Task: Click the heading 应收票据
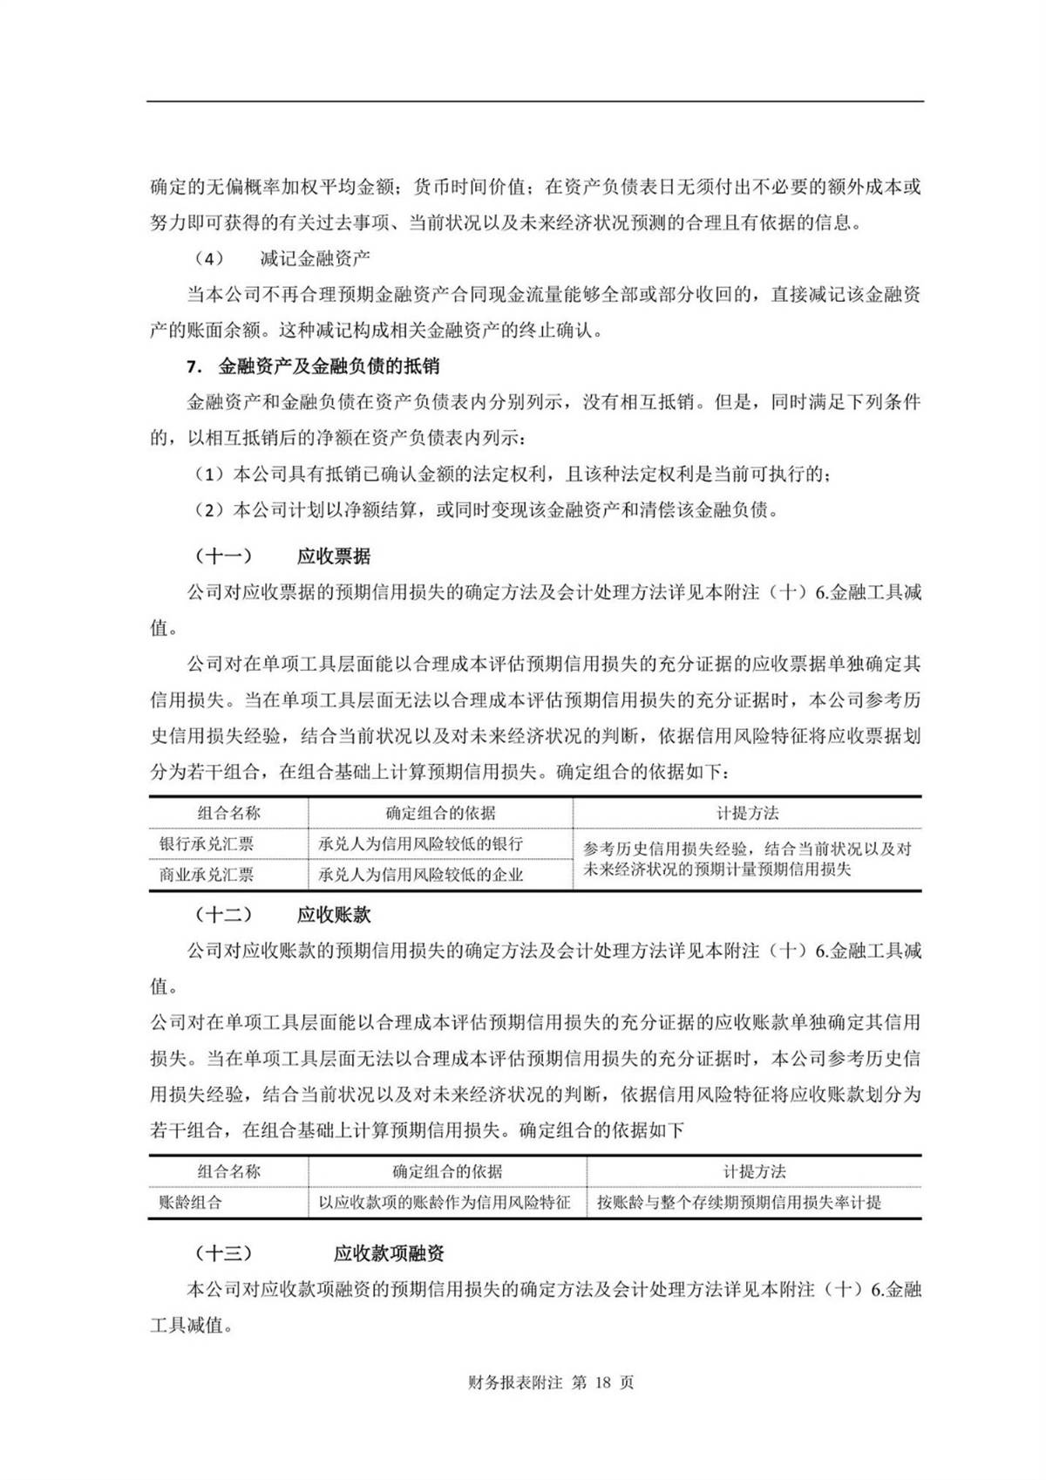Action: pyautogui.click(x=334, y=556)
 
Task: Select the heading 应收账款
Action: pyautogui.click(x=334, y=914)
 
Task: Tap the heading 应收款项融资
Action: pyautogui.click(x=389, y=1253)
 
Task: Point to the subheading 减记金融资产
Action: pyautogui.click(x=315, y=258)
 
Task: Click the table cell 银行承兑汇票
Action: pyautogui.click(x=207, y=844)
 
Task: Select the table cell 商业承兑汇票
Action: pyautogui.click(x=207, y=875)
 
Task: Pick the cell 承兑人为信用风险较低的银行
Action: pyautogui.click(x=421, y=844)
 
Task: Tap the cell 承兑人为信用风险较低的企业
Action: pyautogui.click(x=421, y=875)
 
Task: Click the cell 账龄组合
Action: pyautogui.click(x=191, y=1203)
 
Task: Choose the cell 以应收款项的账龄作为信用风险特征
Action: pyautogui.click(x=445, y=1203)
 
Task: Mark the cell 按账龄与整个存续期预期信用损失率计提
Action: pyautogui.click(x=739, y=1203)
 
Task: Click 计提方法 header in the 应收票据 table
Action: pyautogui.click(x=747, y=813)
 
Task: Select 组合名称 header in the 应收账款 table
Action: pyautogui.click(x=228, y=1171)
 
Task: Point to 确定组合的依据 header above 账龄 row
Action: pyautogui.click(x=447, y=1171)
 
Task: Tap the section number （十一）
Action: pyautogui.click(x=224, y=556)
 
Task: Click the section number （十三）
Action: pyautogui.click(x=224, y=1253)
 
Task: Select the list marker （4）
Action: pyautogui.click(x=208, y=258)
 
